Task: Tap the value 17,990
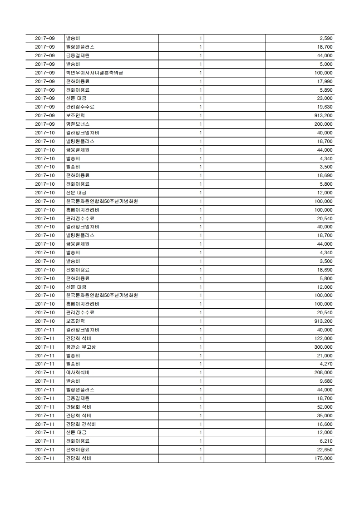325,81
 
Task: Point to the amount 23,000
325,98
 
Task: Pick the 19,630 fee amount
325,107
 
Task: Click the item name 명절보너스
78,124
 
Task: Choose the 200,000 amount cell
324,124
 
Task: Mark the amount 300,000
324,347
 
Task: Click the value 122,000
324,338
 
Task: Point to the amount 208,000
324,372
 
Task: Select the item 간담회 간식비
80,424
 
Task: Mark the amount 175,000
324,458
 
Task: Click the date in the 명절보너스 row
44,124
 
